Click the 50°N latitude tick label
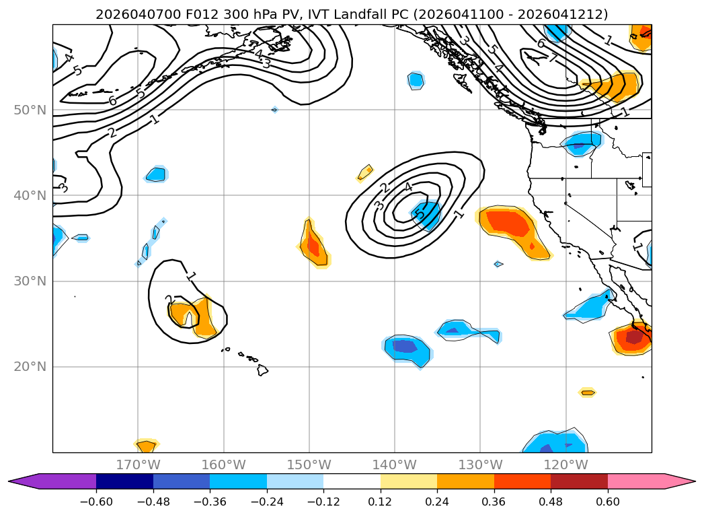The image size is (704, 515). (30, 110)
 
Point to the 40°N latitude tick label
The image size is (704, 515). (30, 195)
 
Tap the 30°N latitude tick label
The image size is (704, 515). (30, 281)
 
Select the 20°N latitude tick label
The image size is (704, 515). (30, 367)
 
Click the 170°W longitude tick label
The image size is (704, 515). (138, 465)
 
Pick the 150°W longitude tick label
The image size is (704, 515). (309, 465)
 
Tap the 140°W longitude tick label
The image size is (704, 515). (395, 465)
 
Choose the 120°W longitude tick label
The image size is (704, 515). (566, 465)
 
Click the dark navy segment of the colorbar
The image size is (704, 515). (124, 481)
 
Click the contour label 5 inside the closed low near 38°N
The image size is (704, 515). (419, 215)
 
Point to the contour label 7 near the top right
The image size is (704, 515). (553, 59)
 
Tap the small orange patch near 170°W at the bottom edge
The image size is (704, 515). (146, 445)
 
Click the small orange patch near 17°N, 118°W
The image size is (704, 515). (587, 392)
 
